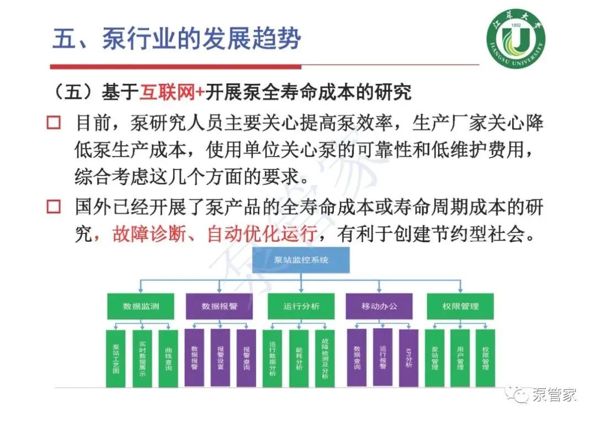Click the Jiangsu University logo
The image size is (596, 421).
[515, 42]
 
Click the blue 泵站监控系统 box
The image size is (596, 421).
[301, 259]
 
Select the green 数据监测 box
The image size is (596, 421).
[141, 306]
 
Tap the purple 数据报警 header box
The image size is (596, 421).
[219, 306]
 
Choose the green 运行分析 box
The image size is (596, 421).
[301, 306]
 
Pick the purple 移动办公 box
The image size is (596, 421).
[379, 306]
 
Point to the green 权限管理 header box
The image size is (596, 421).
[460, 306]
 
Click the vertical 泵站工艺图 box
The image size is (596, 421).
[115, 358]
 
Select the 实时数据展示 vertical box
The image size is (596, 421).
[142, 358]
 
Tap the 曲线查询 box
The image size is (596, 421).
[168, 358]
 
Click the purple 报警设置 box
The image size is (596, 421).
[220, 358]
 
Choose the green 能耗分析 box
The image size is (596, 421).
[299, 358]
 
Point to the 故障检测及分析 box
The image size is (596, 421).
[324, 358]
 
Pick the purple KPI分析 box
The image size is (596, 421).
[408, 358]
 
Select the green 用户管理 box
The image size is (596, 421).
[460, 358]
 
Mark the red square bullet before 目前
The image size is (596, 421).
[54, 122]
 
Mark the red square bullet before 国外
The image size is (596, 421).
[54, 207]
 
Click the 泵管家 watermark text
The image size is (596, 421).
[554, 395]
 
